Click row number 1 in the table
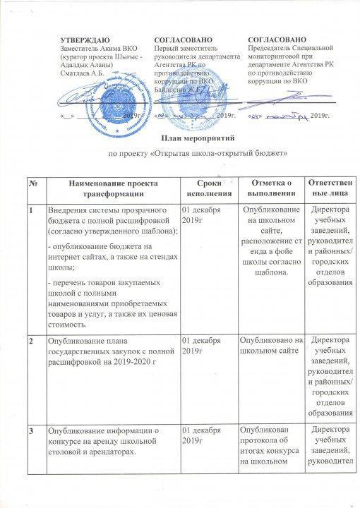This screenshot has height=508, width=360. [32, 212]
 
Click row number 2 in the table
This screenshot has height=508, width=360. [32, 341]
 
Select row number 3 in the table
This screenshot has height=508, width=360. [32, 430]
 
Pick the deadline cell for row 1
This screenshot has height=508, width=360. [203, 217]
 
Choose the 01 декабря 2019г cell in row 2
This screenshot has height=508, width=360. [203, 346]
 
